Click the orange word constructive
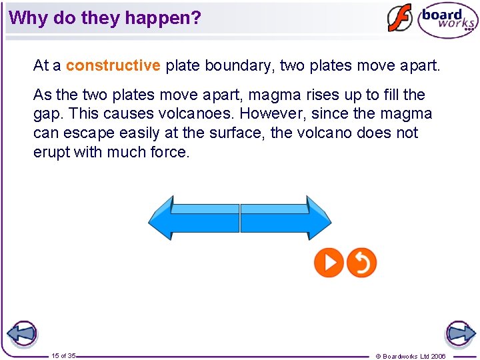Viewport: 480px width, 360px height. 113,65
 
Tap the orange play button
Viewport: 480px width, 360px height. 329,263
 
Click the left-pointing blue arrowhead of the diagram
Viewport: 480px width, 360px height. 162,217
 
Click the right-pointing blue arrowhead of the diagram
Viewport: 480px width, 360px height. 318,217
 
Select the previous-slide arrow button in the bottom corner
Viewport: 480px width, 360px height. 21,333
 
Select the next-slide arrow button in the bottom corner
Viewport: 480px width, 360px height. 460,333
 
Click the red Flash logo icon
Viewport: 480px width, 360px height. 400,18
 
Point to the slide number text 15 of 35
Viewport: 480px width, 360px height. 63,356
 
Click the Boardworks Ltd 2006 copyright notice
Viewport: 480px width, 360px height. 411,356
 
